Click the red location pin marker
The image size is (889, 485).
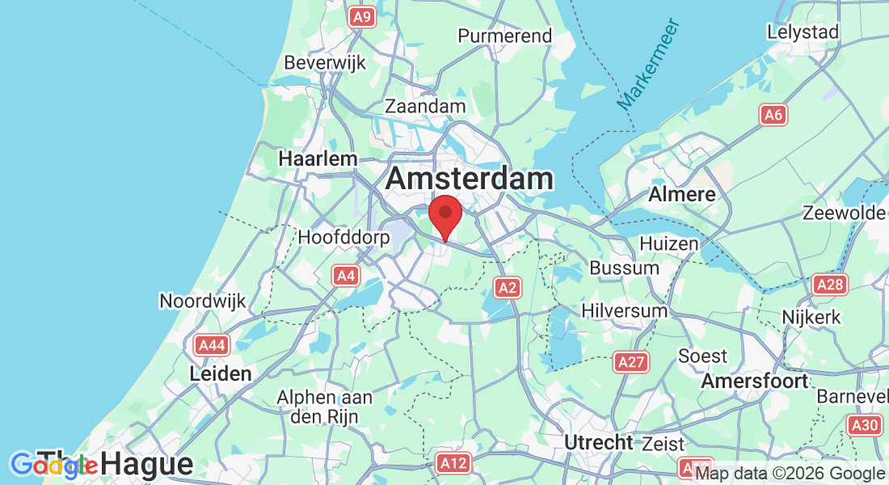[x=444, y=214]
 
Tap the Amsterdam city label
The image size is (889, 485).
[x=470, y=179]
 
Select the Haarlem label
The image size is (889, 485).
[x=318, y=159]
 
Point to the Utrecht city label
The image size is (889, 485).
[x=598, y=442]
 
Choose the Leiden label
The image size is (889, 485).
[x=221, y=374]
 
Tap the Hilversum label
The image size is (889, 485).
[x=625, y=310]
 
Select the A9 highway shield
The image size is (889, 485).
[x=362, y=16]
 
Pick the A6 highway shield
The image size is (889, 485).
[x=773, y=116]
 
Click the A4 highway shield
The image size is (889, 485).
[x=346, y=276]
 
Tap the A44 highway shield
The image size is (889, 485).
[x=212, y=345]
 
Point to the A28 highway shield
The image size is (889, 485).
[x=830, y=285]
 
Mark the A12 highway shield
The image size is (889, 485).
[x=453, y=463]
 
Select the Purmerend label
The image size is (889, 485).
[x=505, y=36]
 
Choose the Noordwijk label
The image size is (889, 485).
[x=201, y=301]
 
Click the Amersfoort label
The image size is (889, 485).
[x=755, y=380]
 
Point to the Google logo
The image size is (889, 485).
[x=54, y=465]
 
